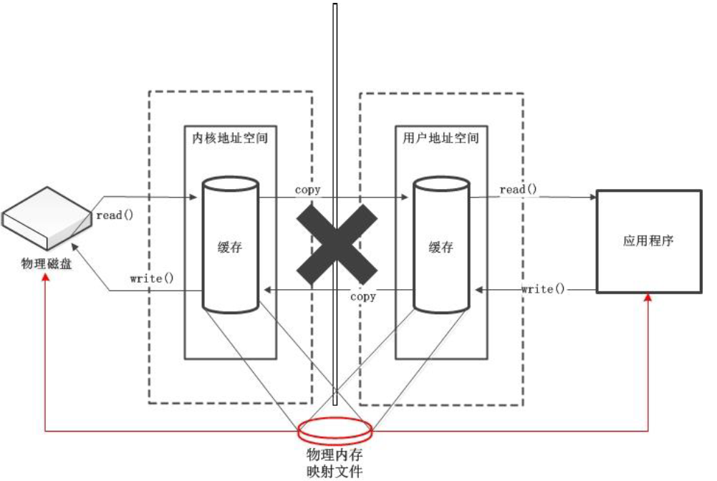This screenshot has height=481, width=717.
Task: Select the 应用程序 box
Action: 648,241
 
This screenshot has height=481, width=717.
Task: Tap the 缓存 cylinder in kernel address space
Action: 231,246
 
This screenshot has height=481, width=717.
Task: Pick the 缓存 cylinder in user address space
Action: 441,246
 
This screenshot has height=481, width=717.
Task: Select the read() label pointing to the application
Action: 518,190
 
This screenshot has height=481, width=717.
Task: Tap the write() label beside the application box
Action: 542,289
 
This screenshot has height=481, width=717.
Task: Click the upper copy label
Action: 307,190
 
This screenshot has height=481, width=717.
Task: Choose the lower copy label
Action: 362,296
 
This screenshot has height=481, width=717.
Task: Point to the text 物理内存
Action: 335,455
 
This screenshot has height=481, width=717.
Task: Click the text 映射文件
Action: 335,471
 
